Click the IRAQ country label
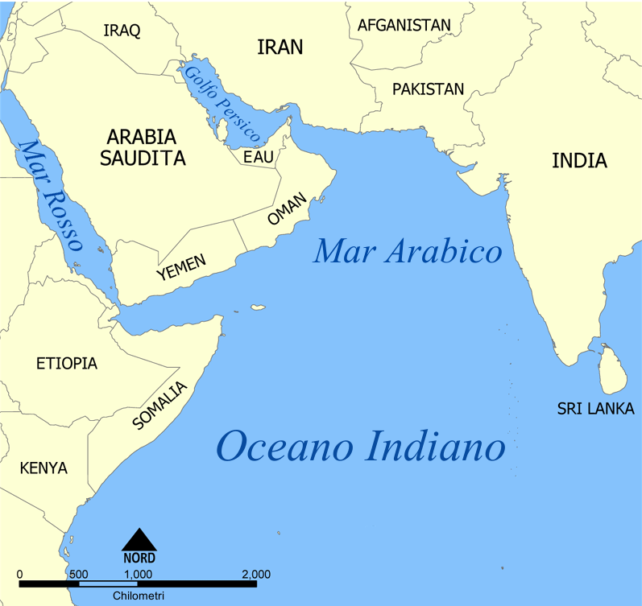pyautogui.click(x=122, y=31)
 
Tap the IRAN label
pyautogui.click(x=280, y=47)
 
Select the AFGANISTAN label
pyautogui.click(x=404, y=25)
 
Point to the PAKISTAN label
pyautogui.click(x=428, y=89)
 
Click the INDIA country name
pyautogui.click(x=579, y=160)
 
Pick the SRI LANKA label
pyautogui.click(x=595, y=409)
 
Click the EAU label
pyautogui.click(x=259, y=157)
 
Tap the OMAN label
pyautogui.click(x=288, y=210)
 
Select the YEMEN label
pyautogui.click(x=181, y=267)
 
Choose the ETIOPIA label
pyautogui.click(x=67, y=364)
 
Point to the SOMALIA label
pyautogui.click(x=159, y=406)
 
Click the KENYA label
pyautogui.click(x=43, y=468)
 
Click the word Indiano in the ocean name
pyautogui.click(x=433, y=447)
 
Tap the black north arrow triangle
pyautogui.click(x=139, y=539)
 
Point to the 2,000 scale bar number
pyautogui.click(x=256, y=574)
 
